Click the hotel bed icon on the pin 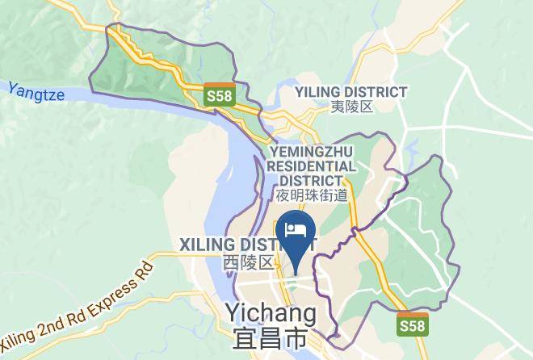[x=296, y=229]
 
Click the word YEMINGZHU [x=311, y=151]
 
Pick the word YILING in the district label [x=321, y=92]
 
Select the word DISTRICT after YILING [x=378, y=92]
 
